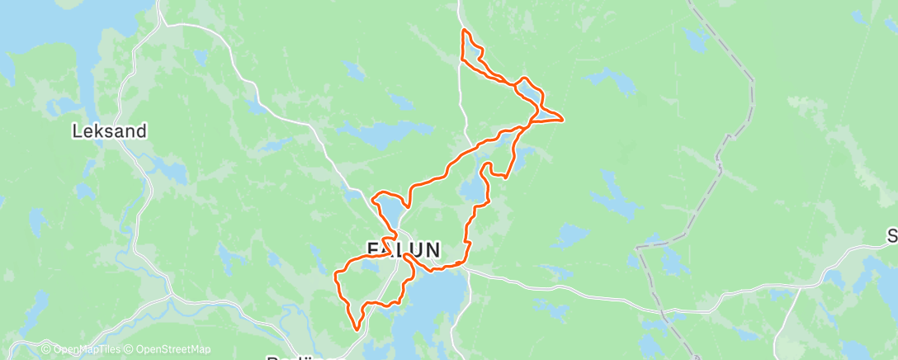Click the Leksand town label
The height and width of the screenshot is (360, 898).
click(x=110, y=130)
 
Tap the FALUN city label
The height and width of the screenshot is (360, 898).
click(x=404, y=249)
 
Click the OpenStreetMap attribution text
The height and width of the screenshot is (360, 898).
click(x=173, y=349)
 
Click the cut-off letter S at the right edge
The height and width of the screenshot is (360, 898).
click(x=892, y=237)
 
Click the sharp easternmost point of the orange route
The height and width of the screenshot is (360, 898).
click(x=562, y=121)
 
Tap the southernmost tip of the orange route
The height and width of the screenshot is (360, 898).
click(x=357, y=329)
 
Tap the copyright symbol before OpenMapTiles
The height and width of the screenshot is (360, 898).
click(x=46, y=349)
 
